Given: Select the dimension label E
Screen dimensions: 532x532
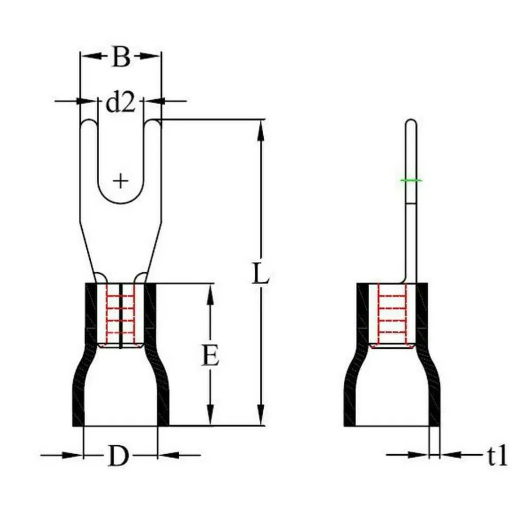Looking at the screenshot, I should pyautogui.click(x=210, y=356).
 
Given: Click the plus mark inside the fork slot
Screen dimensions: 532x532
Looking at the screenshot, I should pyautogui.click(x=120, y=181).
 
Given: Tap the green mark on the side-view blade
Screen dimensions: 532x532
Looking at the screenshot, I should pyautogui.click(x=411, y=180).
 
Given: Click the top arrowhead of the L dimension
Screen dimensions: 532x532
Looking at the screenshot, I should pyautogui.click(x=261, y=127).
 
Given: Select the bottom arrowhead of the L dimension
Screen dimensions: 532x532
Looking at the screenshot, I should pyautogui.click(x=261, y=418).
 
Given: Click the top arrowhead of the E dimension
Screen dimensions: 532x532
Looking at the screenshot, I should pyautogui.click(x=210, y=291).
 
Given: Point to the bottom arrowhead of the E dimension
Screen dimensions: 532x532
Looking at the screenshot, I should pyautogui.click(x=210, y=418).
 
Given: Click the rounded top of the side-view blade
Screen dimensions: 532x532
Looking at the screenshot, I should pyautogui.click(x=411, y=122).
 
